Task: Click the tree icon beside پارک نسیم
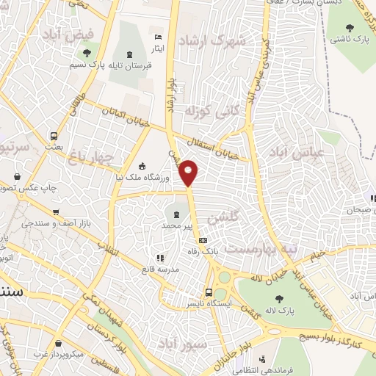coord(87,53)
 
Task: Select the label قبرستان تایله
coord(128,65)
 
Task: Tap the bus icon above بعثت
coord(54,136)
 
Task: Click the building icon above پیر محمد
coord(176,214)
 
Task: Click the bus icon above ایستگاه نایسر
coord(209,292)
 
